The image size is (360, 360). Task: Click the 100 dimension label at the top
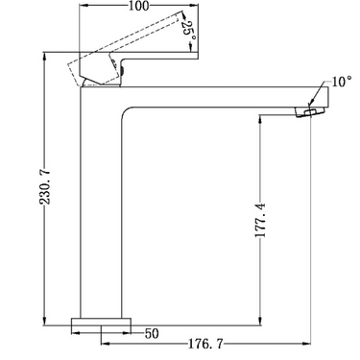139,6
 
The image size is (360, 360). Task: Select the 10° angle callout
342,82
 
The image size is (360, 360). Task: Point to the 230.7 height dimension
45,187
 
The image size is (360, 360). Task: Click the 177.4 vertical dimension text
261,220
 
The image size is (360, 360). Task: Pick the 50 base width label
152,333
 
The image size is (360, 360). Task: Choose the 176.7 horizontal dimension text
205,344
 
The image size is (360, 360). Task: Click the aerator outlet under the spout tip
309,112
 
